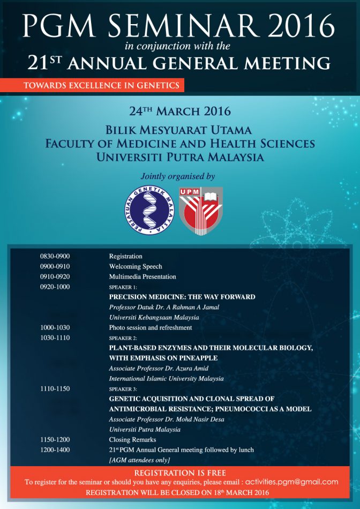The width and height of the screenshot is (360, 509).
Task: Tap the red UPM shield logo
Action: tap(201, 211)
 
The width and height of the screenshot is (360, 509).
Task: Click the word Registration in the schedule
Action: tap(125, 256)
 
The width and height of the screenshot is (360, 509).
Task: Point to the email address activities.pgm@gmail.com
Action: tap(291, 482)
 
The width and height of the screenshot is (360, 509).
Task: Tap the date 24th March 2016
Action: tap(180, 111)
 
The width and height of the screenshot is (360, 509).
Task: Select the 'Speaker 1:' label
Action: tap(123, 287)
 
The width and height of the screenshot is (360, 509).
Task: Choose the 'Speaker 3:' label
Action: tap(123, 388)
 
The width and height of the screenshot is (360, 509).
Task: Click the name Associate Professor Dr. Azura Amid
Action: tap(158, 368)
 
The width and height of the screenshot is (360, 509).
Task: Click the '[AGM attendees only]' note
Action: tap(139, 460)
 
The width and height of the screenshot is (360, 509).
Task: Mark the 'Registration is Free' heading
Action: tap(180, 473)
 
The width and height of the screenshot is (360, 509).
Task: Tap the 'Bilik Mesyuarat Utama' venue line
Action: tap(180, 130)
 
